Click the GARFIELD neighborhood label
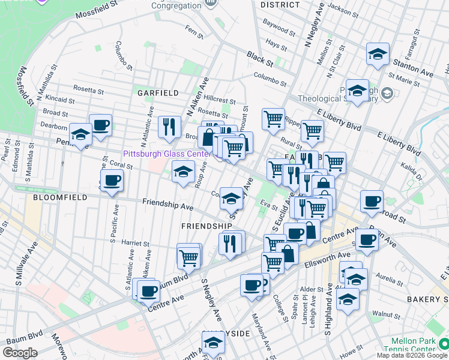pos(157,93)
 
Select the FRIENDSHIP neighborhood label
pos(206,226)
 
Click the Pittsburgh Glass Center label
pos(167,154)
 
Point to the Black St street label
pos(259,58)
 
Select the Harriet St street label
pos(134,244)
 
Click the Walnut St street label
pos(386,313)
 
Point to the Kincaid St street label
pos(58,97)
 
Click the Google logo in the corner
pos(19,353)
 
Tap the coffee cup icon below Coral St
pos(112,181)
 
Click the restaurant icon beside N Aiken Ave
pos(169,127)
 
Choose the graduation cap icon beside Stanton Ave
pos(378,55)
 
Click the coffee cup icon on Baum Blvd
pos(148,292)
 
